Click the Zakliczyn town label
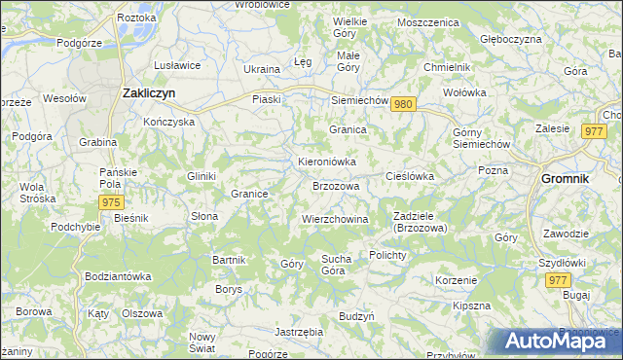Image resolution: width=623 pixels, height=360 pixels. [x=148, y=93]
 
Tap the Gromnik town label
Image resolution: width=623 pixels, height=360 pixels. [x=571, y=180]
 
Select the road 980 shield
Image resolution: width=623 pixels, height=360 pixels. [x=406, y=105]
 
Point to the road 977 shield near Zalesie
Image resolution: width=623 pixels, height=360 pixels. [x=593, y=131]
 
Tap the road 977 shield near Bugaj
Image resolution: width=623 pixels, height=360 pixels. [x=558, y=280]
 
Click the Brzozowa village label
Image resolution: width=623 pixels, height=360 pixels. [x=336, y=186]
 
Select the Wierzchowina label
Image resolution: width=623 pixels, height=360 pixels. [x=335, y=220]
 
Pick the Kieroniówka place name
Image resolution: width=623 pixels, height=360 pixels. [x=327, y=162]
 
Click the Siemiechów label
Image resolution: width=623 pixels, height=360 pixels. [x=360, y=100]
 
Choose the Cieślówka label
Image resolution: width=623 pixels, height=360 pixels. [x=410, y=176]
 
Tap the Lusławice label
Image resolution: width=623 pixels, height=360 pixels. [x=177, y=65]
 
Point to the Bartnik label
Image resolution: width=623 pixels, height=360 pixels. [x=230, y=260]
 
